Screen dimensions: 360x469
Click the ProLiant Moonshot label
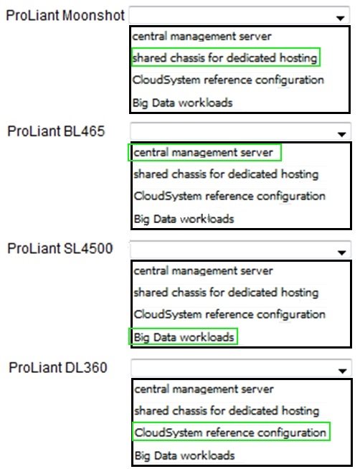click(x=65, y=16)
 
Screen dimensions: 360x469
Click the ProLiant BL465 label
click(x=56, y=131)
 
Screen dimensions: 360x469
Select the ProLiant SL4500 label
click(x=60, y=249)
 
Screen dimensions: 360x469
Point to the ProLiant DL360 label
click(x=58, y=368)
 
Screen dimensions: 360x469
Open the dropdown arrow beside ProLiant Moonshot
click(x=340, y=18)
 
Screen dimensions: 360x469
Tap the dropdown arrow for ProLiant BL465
click(x=341, y=134)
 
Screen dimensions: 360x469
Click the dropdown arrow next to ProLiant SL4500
click(x=341, y=252)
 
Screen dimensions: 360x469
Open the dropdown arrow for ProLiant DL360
click(x=342, y=371)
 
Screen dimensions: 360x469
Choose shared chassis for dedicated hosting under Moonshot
click(x=225, y=57)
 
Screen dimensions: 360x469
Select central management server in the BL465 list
click(x=204, y=153)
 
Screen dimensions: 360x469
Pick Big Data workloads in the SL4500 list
click(x=184, y=337)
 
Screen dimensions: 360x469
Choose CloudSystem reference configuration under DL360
click(x=230, y=432)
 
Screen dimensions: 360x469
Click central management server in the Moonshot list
click(x=202, y=37)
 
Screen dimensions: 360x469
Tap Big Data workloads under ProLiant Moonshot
click(x=182, y=103)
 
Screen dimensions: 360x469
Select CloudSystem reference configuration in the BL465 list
click(x=229, y=196)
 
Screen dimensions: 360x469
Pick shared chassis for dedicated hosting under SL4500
click(x=226, y=292)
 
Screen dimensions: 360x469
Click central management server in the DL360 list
click(x=204, y=389)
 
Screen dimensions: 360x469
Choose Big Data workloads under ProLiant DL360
click(x=184, y=455)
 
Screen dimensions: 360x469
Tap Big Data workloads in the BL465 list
click(x=184, y=219)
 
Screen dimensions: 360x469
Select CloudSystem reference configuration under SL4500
click(x=229, y=314)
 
